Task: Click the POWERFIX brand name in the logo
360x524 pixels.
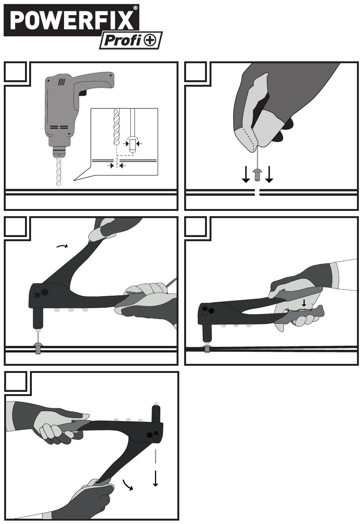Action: click(x=72, y=20)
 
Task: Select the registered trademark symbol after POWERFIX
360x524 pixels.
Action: click(x=135, y=8)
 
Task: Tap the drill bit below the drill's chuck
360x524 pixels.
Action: click(x=59, y=172)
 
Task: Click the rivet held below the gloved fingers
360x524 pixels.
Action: click(x=257, y=175)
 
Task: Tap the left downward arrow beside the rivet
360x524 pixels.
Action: click(x=246, y=174)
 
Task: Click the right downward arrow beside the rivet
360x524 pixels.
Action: click(x=269, y=174)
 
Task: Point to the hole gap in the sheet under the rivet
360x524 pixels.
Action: click(x=257, y=192)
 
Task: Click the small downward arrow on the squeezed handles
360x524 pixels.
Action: click(x=304, y=303)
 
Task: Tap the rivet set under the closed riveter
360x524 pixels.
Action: click(x=207, y=349)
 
